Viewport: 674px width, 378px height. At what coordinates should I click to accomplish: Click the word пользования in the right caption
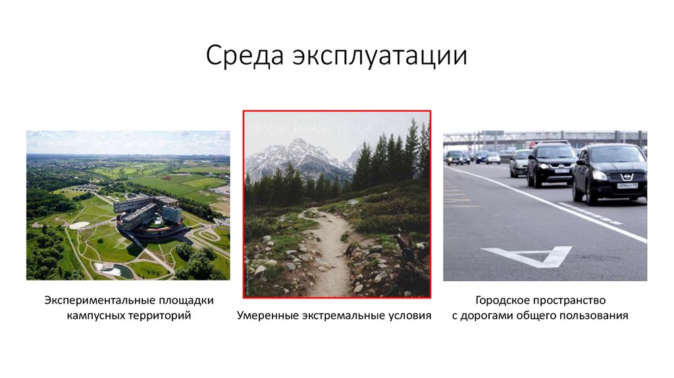click(597, 316)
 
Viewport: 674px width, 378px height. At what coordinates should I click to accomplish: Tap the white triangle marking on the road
click(527, 256)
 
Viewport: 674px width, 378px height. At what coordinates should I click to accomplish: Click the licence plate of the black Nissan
click(627, 186)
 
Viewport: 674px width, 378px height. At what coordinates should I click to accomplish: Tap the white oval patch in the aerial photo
click(79, 225)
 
